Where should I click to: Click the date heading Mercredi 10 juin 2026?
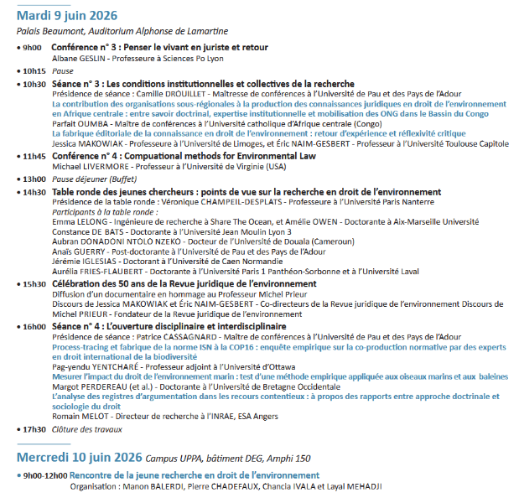coord(79,459)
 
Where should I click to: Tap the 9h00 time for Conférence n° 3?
coord(32,49)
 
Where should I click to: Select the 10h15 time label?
coord(34,71)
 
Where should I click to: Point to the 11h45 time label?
coord(34,156)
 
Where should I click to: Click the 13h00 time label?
coord(34,179)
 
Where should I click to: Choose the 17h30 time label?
coord(34,428)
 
